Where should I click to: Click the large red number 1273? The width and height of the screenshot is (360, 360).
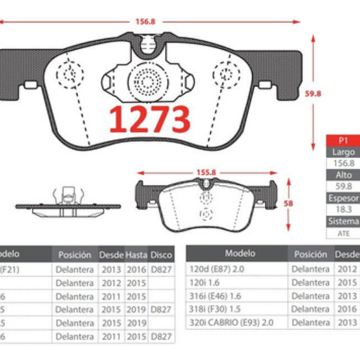point(150,119)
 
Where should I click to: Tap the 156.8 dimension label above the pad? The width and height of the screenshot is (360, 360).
point(145,21)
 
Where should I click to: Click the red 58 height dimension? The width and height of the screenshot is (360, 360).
point(288,204)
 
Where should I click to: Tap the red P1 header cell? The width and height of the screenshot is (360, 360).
point(343,140)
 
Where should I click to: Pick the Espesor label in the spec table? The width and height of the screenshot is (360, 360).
point(343,198)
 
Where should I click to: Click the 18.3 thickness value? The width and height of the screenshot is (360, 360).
point(343,209)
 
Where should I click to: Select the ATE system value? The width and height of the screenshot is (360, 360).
point(343,233)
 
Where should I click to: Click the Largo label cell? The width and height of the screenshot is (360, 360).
point(343,152)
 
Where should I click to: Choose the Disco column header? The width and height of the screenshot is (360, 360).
point(161,255)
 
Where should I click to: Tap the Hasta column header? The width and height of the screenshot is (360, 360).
point(136,255)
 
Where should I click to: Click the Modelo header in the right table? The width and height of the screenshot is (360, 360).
point(240,253)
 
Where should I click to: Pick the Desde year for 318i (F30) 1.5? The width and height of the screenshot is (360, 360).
point(347,309)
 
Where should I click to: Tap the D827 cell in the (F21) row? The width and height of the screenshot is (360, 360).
point(161,269)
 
